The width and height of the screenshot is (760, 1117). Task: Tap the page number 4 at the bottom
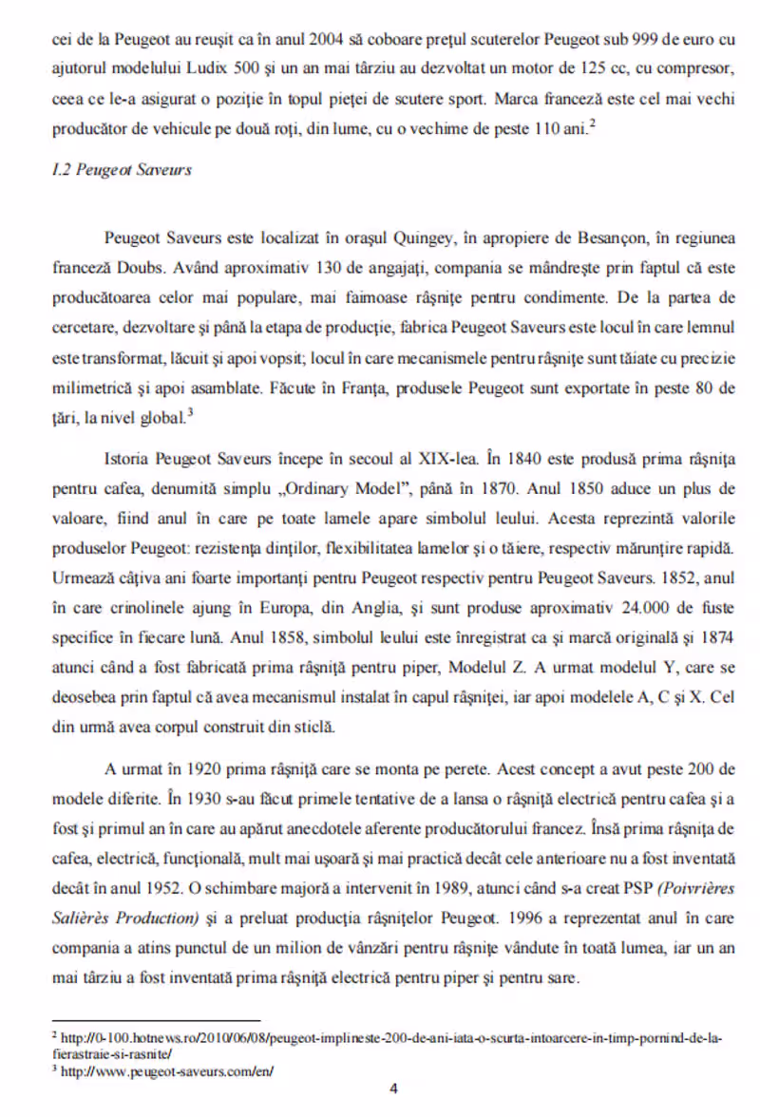[393, 1089]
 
